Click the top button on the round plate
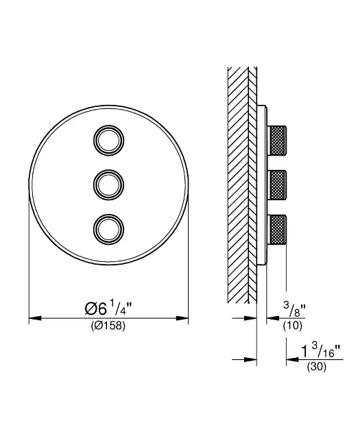(x=108, y=141)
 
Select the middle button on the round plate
(x=108, y=183)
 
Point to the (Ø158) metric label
(x=108, y=326)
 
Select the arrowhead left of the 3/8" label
(x=272, y=318)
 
